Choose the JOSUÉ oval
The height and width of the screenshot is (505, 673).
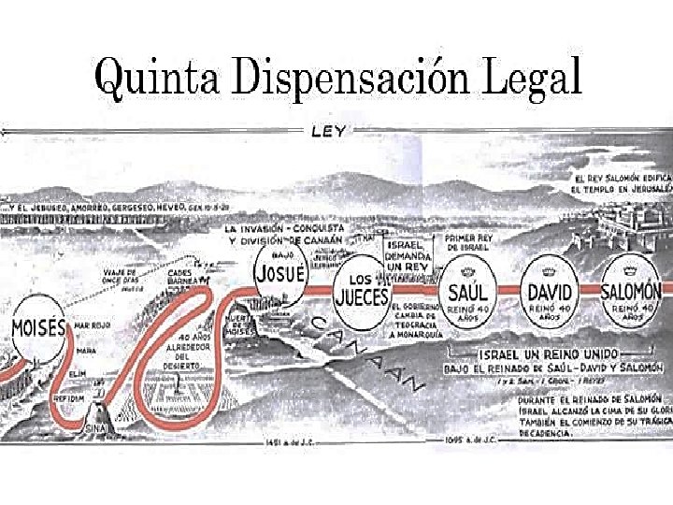tap(279, 273)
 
